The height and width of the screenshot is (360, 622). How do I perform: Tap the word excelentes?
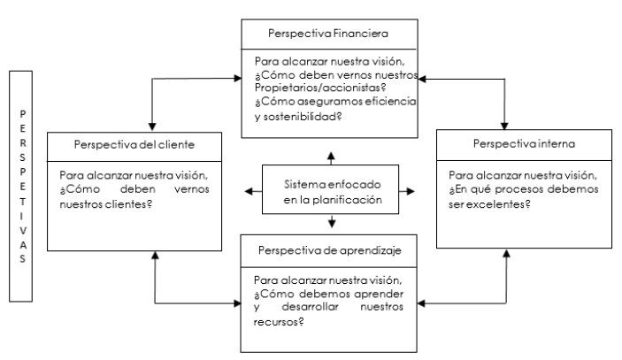click(x=487, y=204)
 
